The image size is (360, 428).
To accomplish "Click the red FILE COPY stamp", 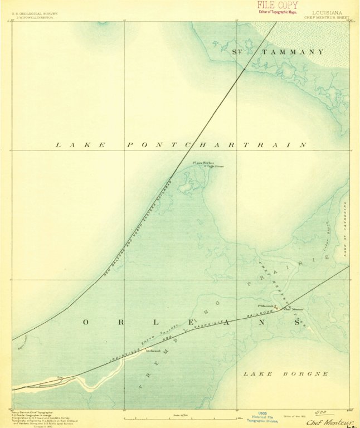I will point(278,5).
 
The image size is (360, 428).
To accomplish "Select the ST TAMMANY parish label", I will point(278,52).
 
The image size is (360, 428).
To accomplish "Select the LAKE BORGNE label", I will point(285,373).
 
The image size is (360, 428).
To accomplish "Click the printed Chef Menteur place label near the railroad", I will point(294,309).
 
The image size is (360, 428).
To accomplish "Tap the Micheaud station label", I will point(153,351).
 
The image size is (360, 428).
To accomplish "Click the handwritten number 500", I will point(320,412).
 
